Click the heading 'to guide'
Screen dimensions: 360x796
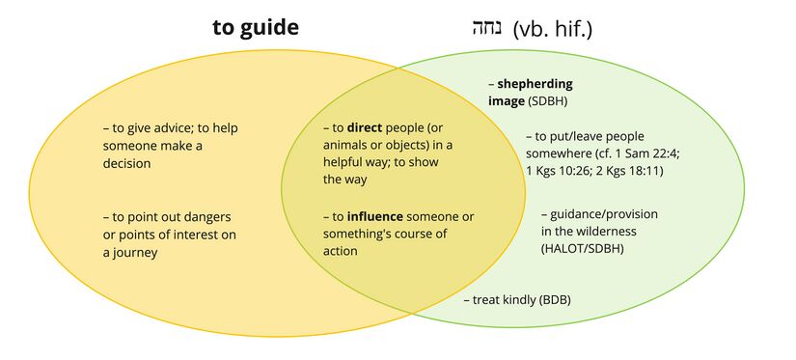[x=255, y=27]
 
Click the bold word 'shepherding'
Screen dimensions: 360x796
[x=535, y=83]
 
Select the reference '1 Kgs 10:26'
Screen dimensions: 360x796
[x=559, y=171]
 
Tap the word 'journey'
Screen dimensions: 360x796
[x=136, y=252]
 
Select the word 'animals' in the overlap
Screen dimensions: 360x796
[x=345, y=145]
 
